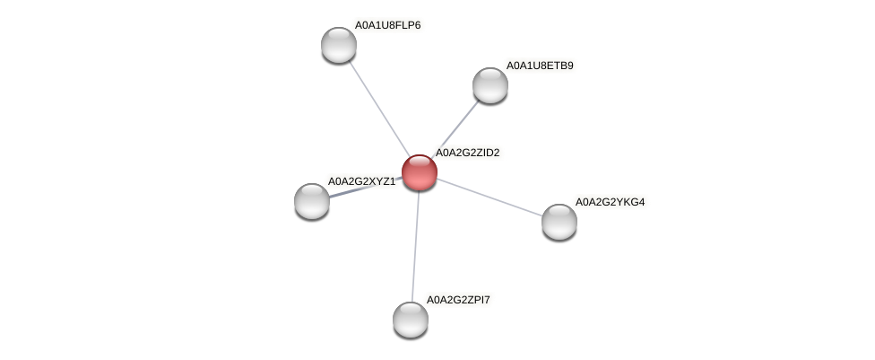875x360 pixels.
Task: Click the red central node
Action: click(x=419, y=172)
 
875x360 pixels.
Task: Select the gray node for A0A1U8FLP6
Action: click(x=339, y=45)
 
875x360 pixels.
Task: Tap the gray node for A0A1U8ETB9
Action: click(x=490, y=85)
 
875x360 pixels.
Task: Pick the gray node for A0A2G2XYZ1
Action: click(x=311, y=201)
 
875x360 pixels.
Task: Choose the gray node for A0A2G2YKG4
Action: click(x=559, y=222)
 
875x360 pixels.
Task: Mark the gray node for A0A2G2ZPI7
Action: click(x=411, y=320)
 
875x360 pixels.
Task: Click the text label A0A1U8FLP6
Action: click(x=388, y=25)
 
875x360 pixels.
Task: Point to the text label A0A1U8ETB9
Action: click(x=540, y=66)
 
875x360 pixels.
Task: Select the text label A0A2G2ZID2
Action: click(x=468, y=153)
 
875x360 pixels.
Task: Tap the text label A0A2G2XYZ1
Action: click(x=361, y=181)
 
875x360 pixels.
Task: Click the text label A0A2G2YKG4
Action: click(x=610, y=202)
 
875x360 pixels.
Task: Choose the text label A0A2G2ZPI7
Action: click(x=458, y=300)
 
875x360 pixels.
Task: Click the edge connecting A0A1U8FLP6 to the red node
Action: click(x=379, y=109)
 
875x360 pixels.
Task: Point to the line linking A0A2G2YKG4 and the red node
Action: click(x=489, y=198)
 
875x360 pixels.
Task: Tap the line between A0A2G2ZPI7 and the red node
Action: click(x=414, y=246)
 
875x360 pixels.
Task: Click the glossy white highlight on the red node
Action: click(x=419, y=163)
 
